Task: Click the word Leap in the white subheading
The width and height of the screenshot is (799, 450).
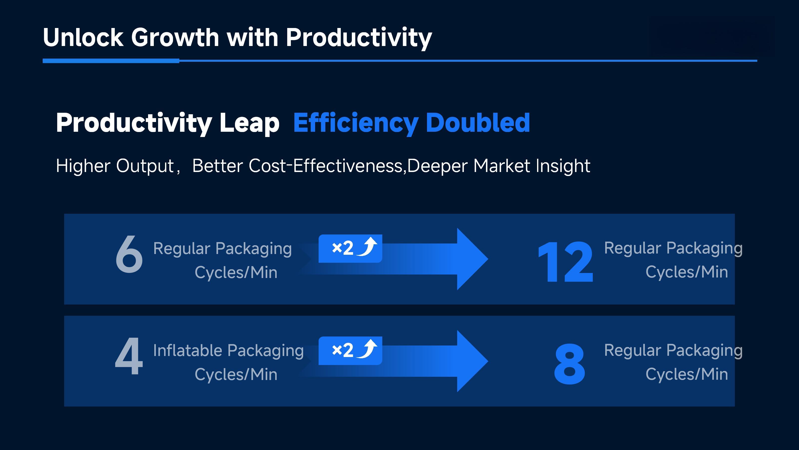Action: [249, 123]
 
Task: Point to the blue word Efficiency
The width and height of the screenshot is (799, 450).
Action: [356, 123]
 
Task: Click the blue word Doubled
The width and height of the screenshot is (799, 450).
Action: [478, 123]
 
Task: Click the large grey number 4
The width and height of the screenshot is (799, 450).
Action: [129, 356]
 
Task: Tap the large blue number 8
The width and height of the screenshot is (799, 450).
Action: [570, 364]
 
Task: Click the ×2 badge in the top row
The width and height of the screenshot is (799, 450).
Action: [350, 248]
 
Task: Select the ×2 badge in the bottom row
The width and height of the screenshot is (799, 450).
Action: [350, 350]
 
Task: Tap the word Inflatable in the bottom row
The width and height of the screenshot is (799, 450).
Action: [188, 350]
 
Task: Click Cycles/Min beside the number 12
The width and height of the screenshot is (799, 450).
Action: [686, 272]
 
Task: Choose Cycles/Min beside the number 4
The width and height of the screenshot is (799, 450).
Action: [236, 374]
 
